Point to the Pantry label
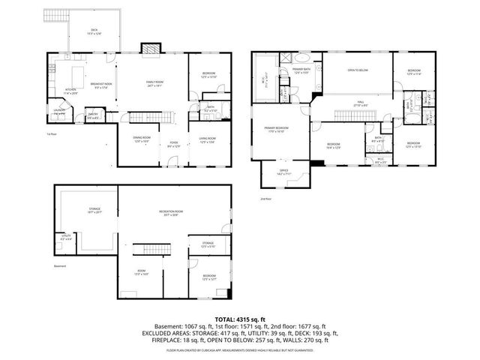(93, 115)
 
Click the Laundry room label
(59, 112)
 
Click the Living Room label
(208, 139)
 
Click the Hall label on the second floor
(361, 103)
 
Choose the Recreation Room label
(171, 212)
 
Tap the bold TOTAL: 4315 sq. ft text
(239, 319)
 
